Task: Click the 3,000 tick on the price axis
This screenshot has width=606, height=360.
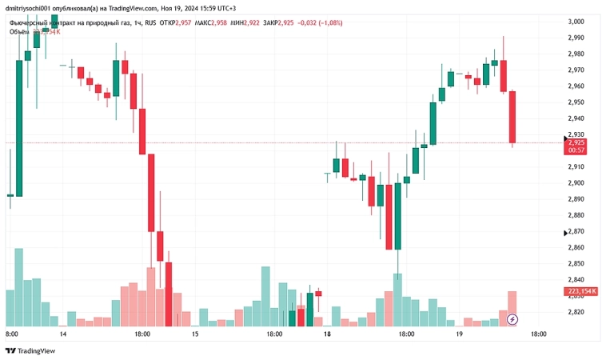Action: [576, 22]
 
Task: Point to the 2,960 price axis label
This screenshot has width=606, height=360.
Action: [576, 86]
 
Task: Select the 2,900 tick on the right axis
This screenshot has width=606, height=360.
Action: [576, 183]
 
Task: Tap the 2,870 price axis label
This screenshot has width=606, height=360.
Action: [576, 232]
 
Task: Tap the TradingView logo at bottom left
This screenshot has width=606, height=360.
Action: [31, 350]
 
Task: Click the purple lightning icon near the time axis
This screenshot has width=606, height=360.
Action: [512, 320]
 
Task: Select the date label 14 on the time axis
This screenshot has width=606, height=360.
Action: [62, 334]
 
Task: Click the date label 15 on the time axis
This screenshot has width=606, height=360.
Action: [195, 334]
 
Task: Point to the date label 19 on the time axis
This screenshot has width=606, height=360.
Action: [459, 334]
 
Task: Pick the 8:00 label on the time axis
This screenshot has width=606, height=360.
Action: [12, 334]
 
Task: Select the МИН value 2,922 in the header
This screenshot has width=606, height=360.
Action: [258, 23]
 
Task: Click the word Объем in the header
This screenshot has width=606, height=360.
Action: [20, 32]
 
